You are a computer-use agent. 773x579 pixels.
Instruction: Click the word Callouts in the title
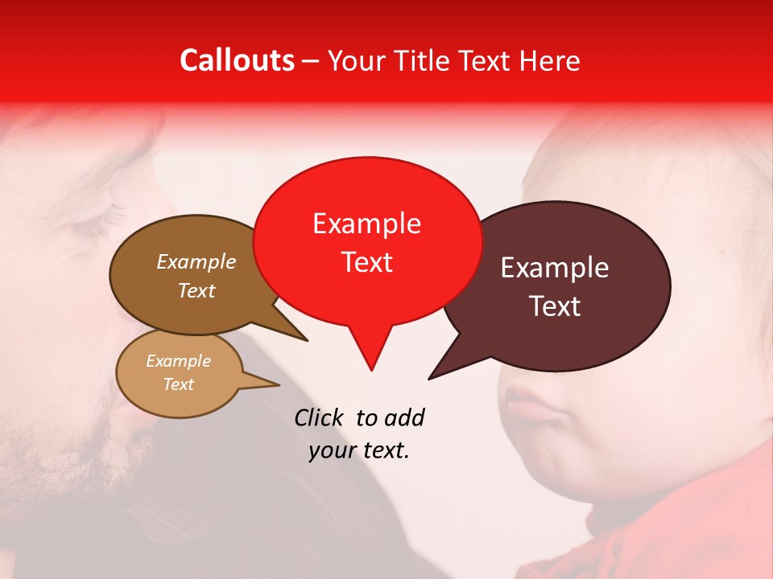coord(237,60)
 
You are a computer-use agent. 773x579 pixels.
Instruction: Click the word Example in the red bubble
coord(366,224)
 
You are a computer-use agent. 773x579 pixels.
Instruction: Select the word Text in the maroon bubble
coord(555,306)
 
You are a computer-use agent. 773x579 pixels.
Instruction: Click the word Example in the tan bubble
coord(178,361)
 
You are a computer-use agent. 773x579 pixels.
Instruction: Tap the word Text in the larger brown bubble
coord(196,291)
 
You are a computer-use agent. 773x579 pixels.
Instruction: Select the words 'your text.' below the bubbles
coord(359,451)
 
